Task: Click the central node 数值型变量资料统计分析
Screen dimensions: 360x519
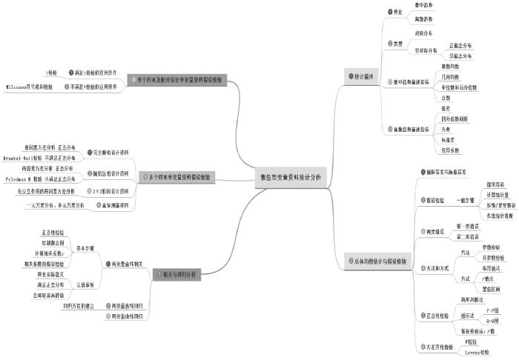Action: [292, 178]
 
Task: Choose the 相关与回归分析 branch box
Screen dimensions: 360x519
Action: [175, 274]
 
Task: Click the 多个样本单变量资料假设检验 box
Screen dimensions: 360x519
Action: [179, 178]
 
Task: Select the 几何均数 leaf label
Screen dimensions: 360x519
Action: [450, 76]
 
